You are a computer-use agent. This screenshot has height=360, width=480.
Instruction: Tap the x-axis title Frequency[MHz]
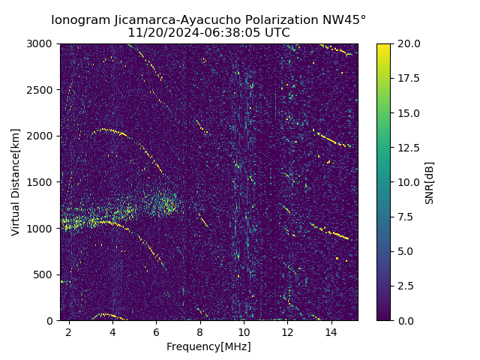coord(208,346)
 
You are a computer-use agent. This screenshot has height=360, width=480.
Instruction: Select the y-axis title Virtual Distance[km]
coord(16,181)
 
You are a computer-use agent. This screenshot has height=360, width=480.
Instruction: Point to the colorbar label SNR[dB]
coord(430,182)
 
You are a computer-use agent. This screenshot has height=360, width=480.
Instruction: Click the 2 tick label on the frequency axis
coord(69,331)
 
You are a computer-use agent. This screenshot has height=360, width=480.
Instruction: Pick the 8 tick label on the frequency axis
coord(200,331)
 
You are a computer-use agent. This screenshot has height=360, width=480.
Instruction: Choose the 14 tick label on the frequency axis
coord(331,331)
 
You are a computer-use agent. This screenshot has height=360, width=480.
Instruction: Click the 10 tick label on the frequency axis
coord(244,331)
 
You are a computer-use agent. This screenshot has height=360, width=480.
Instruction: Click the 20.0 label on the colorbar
coord(409,44)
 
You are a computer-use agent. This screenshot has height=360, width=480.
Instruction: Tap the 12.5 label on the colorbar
coord(409,148)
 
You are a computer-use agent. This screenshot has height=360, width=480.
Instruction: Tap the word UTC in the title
coord(277,33)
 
